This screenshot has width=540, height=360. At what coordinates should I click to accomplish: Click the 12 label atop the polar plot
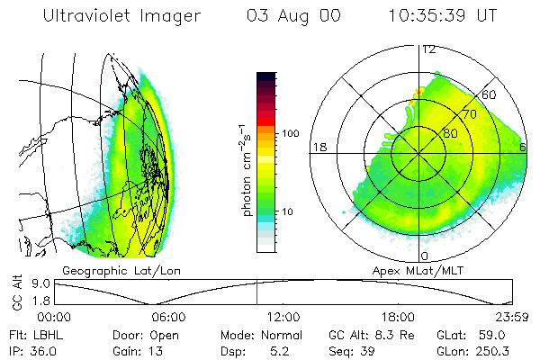tap(429, 49)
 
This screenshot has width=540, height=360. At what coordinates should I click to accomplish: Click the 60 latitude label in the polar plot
tap(490, 94)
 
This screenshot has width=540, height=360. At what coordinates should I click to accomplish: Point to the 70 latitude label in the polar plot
tap(468, 116)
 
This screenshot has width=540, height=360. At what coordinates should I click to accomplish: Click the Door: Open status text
tap(140, 334)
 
